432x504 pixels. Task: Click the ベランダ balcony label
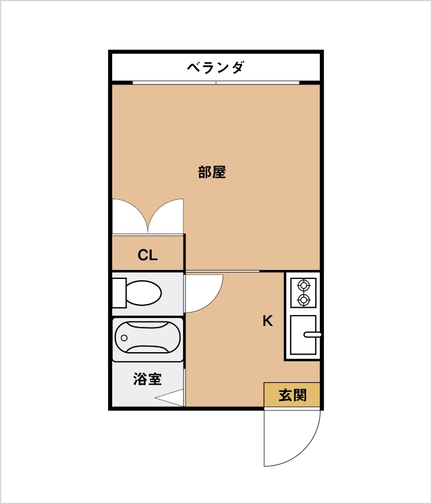coord(215,67)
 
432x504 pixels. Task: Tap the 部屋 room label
coord(212,172)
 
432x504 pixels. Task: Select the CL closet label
coord(148,255)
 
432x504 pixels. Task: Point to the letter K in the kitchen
coord(268,321)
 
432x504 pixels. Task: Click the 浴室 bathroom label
coord(147,379)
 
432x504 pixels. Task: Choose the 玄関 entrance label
coord(293,395)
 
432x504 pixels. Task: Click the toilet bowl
coord(143,293)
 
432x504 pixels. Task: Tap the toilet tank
coord(119,293)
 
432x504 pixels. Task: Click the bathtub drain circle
coord(124,338)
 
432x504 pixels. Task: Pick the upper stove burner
coord(304,285)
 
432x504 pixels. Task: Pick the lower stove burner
coord(304,300)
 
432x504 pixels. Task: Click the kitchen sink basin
coord(303,335)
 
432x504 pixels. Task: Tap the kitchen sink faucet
coord(313,335)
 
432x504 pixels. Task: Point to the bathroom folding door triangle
coord(169,398)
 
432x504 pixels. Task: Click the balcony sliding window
coord(216,83)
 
